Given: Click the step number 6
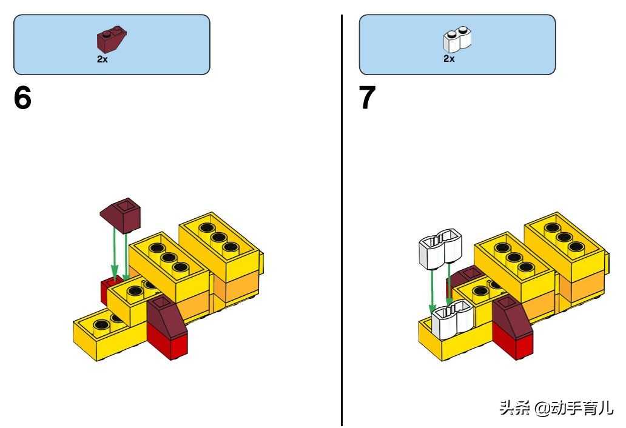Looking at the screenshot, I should [x=22, y=99].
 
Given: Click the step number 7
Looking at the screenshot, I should [x=368, y=99].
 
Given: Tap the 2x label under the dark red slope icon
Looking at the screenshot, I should [x=102, y=59].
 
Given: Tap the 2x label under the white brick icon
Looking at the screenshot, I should [x=448, y=59].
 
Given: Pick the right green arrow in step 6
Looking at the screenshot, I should [x=126, y=255].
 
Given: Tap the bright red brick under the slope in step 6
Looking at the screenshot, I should [x=168, y=346].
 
